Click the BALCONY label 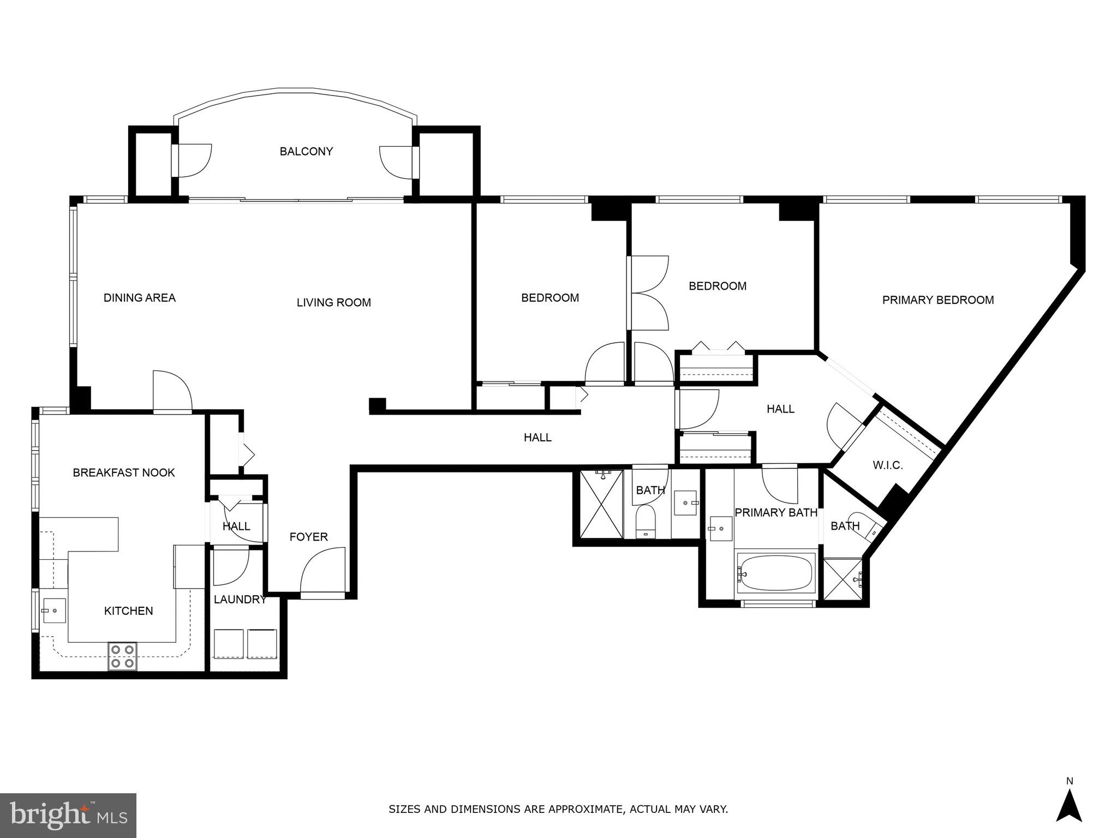click(x=306, y=152)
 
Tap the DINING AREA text click(x=140, y=298)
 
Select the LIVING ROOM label click(x=333, y=303)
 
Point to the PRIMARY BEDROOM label click(x=937, y=300)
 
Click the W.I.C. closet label click(x=888, y=465)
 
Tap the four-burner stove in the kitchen click(x=122, y=656)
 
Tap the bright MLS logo click(x=68, y=816)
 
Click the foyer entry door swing click(x=323, y=570)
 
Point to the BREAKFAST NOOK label click(x=124, y=473)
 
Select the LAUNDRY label click(x=240, y=600)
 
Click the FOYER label click(x=308, y=537)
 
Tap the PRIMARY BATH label click(x=775, y=513)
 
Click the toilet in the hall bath click(x=646, y=520)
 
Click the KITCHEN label click(x=128, y=611)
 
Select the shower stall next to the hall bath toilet click(x=601, y=504)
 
